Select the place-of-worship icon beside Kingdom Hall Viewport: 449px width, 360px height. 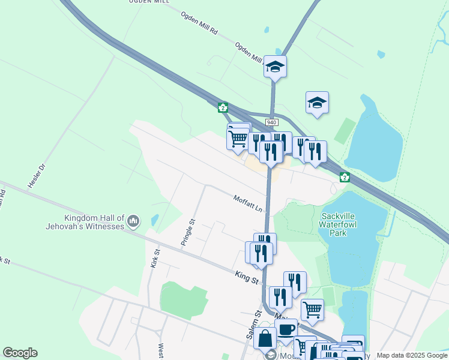pos(133,222)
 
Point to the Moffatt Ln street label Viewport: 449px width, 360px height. pos(249,203)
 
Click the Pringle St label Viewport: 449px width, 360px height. pos(188,232)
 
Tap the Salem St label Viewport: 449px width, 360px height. pos(255,325)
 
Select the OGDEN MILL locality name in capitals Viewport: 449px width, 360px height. pos(145,2)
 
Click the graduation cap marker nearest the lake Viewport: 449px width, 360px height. pos(317,103)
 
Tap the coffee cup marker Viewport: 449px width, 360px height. pos(286,329)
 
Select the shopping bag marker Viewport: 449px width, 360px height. pos(265,338)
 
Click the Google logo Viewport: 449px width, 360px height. pos(20,353)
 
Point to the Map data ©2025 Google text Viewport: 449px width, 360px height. pos(411,355)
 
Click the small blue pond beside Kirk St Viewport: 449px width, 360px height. pos(155,221)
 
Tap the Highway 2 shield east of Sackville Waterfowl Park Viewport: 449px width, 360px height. pos(345,177)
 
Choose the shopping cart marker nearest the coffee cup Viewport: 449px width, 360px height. pos(312,310)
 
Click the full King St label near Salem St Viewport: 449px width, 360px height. pos(246,277)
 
